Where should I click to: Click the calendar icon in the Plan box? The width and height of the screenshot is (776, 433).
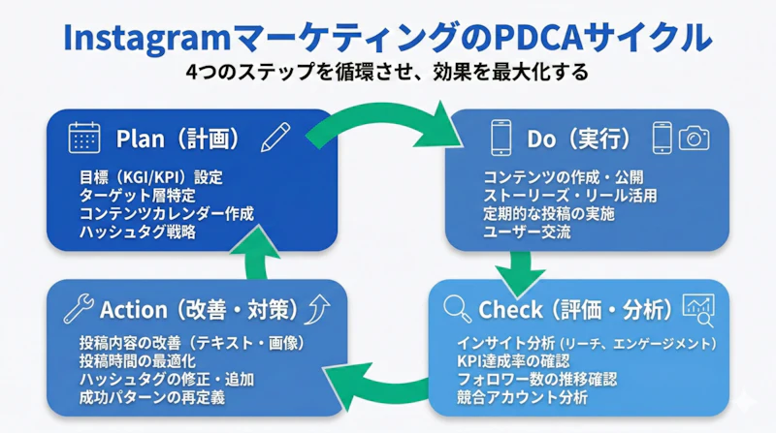tap(84, 138)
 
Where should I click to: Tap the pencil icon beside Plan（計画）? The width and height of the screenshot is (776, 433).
tap(275, 138)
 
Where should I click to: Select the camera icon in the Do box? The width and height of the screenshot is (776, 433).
tap(694, 138)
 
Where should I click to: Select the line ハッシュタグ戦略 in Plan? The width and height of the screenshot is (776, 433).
tap(137, 232)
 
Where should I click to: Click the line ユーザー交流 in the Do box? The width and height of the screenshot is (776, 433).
tap(528, 232)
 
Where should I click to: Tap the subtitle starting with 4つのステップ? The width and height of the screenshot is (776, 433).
tap(387, 73)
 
